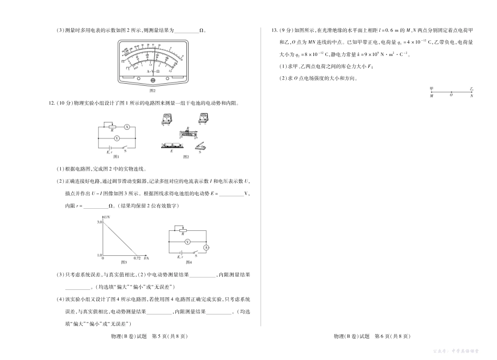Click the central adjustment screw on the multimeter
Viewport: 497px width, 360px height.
[153, 80]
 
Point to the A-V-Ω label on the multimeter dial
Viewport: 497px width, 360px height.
[153, 71]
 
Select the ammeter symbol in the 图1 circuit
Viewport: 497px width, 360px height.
[127, 127]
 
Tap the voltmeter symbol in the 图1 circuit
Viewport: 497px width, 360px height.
[117, 139]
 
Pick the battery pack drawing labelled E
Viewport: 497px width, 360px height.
[172, 145]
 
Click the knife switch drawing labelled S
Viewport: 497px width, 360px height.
[200, 147]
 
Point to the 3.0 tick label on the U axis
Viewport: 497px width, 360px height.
[99, 222]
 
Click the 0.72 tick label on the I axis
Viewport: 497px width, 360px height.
[137, 258]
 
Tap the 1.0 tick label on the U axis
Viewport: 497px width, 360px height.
[99, 255]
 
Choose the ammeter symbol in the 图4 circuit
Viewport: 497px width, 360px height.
[206, 247]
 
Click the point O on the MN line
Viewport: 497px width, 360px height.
[451, 93]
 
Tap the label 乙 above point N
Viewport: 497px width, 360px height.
[471, 89]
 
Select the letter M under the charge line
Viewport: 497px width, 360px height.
[431, 97]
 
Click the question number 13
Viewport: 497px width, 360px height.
[268, 30]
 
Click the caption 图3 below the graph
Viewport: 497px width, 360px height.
[124, 262]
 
